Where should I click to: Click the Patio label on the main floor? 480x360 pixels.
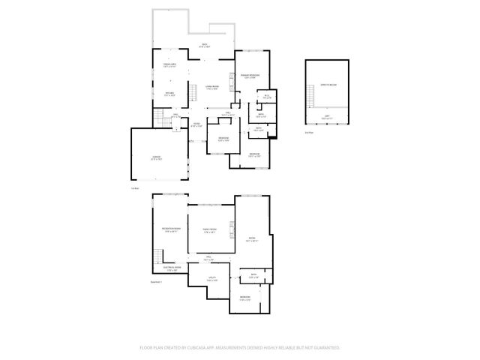[203, 46]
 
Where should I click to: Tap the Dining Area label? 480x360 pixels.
[169, 66]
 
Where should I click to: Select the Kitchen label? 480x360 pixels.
[169, 94]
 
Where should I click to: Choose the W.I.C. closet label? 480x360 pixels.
[267, 97]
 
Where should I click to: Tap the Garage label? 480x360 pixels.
[156, 157]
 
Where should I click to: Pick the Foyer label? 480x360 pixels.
[195, 125]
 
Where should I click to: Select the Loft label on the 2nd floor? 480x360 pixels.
[325, 116]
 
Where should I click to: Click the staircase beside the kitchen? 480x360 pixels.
[160, 117]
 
